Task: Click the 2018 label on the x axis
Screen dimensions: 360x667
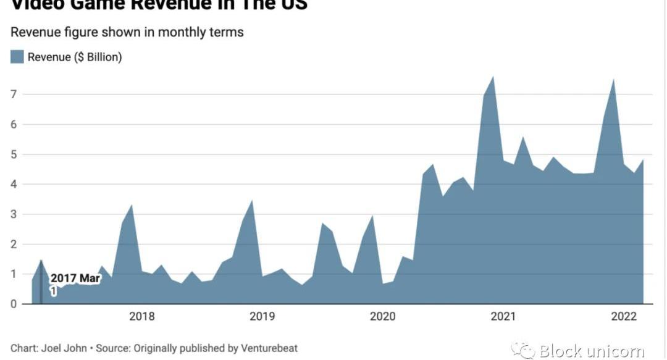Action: [141, 317]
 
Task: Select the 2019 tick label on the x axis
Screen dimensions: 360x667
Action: [262, 317]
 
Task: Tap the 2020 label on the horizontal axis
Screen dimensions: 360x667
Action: [382, 317]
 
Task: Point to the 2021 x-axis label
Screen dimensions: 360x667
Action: [503, 317]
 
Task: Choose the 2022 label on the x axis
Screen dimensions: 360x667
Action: [623, 317]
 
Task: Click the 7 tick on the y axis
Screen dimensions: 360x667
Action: [12, 94]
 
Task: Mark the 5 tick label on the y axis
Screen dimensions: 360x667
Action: [12, 154]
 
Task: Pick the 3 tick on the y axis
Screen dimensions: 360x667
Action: [12, 214]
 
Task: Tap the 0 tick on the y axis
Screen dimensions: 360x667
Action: [12, 304]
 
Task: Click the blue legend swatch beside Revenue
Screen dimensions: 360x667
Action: [17, 57]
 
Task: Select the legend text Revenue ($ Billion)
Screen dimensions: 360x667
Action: [75, 57]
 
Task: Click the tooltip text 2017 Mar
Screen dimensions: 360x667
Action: [75, 278]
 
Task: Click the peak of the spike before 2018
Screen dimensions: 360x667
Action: [132, 205]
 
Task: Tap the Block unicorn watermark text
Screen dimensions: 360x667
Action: [592, 351]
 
